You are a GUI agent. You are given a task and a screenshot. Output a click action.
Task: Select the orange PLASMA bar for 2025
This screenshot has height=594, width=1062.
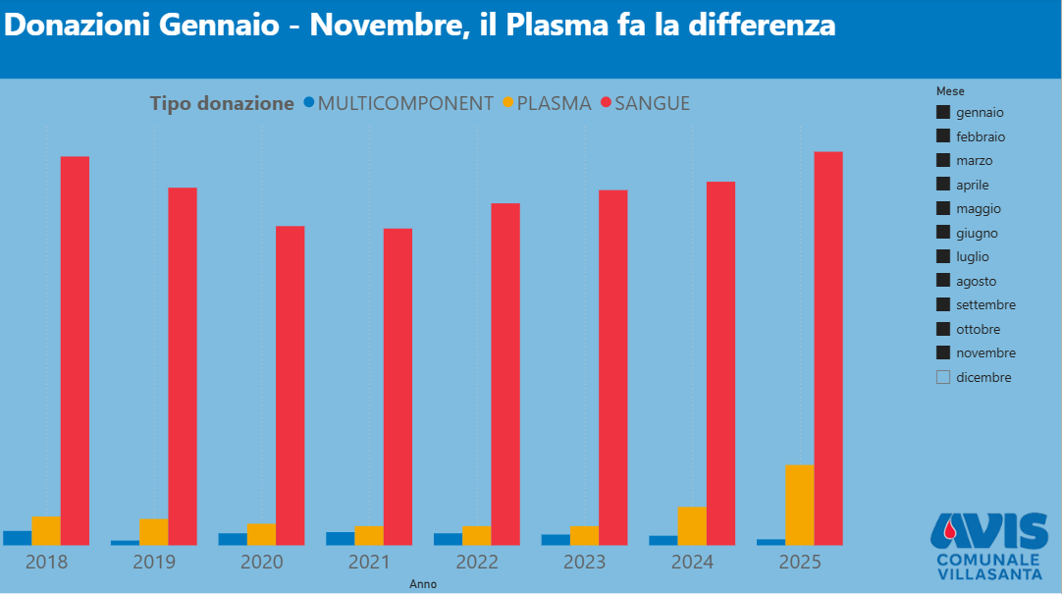click(x=800, y=505)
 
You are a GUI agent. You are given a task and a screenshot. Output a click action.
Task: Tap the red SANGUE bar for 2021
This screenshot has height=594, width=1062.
click(x=398, y=387)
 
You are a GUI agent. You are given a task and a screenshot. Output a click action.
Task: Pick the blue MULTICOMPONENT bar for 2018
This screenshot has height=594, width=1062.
click(x=17, y=537)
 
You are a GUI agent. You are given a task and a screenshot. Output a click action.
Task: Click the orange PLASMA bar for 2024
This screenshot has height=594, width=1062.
click(x=692, y=525)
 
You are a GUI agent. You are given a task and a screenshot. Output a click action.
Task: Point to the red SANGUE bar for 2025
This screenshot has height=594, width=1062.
click(x=828, y=349)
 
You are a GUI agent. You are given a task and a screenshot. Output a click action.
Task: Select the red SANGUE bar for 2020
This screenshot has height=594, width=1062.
click(x=290, y=386)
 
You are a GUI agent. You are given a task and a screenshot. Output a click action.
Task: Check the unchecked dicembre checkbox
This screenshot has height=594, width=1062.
click(x=943, y=377)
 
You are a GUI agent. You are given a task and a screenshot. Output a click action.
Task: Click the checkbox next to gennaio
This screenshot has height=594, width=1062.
click(x=943, y=113)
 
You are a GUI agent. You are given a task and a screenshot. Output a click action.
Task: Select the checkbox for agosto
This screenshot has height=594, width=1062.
click(x=943, y=281)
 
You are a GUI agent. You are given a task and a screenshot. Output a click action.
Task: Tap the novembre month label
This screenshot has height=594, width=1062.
click(x=985, y=352)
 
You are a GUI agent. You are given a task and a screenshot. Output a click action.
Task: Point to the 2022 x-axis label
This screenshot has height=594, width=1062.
click(x=477, y=563)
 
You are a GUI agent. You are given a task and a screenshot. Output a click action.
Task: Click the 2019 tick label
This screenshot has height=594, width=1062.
click(x=154, y=563)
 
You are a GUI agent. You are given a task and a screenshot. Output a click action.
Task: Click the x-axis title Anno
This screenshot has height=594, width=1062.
click(x=423, y=584)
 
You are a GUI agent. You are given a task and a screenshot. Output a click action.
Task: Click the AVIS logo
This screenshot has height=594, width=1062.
click(x=989, y=546)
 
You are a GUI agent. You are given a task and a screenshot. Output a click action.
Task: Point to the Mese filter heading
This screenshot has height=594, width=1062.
click(x=950, y=90)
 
